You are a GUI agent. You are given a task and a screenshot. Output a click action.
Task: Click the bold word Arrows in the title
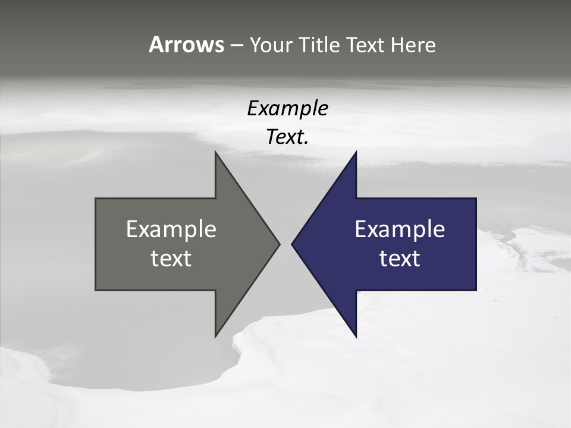pos(186,45)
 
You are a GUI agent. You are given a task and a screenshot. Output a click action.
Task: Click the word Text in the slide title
pos(365,45)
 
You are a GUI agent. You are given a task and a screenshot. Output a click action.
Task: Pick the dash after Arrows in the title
pos(236,45)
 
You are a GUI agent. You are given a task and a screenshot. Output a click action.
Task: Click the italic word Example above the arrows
pos(287,109)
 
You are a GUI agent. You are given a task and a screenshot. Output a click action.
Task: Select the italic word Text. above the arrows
pos(287,137)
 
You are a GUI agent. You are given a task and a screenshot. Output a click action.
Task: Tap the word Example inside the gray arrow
pos(171,229)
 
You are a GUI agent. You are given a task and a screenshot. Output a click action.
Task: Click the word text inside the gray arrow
pos(171,259)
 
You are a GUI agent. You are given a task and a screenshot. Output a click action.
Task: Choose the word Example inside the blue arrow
pos(400,229)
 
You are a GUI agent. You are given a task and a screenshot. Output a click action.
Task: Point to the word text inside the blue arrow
pos(400,259)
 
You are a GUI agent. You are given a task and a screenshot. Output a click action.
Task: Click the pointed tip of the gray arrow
pos(279,244)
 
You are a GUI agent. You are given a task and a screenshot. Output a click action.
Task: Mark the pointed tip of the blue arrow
pos(292,244)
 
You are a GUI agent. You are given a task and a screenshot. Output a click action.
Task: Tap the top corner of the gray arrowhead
pos(215,152)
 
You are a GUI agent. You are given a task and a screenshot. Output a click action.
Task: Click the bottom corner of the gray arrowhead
pos(215,336)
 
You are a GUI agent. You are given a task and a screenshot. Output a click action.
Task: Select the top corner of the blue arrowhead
pos(356,152)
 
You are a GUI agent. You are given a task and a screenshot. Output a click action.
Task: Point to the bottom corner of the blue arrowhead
pos(356,336)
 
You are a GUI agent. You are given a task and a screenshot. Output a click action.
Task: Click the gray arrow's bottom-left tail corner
pos(96,290)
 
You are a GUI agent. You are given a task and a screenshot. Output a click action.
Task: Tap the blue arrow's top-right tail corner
pos(476,199)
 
